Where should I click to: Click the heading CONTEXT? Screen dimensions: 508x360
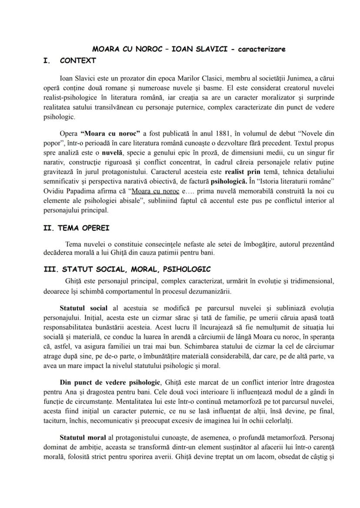pos(78,61)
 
